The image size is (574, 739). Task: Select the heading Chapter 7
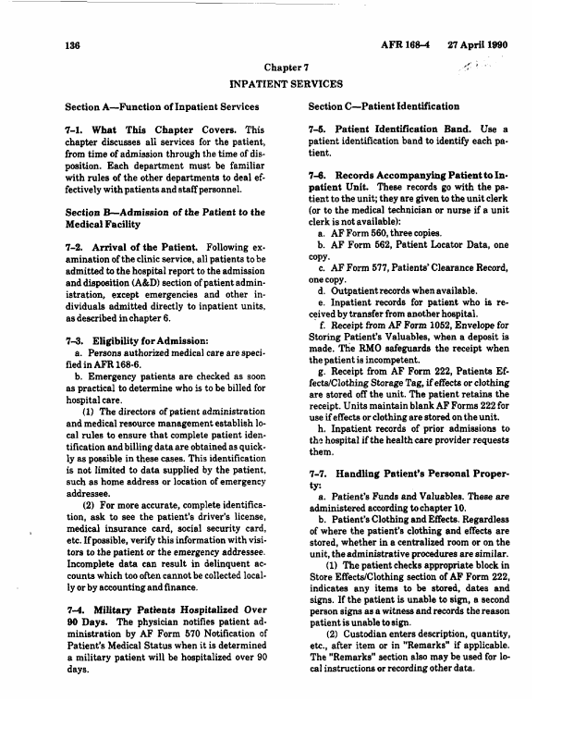287,68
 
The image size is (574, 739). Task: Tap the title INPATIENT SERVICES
287,83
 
